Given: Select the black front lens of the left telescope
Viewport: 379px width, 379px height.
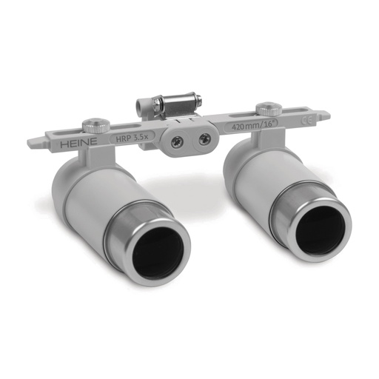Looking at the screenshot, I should [157, 250].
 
